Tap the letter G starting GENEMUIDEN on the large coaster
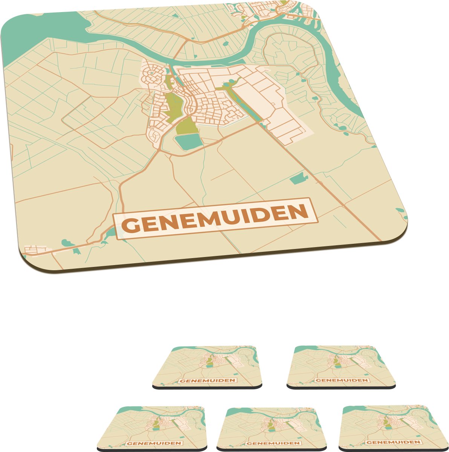click(x=129, y=226)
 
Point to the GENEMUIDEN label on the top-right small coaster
click(x=342, y=380)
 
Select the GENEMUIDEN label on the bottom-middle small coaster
click(x=275, y=443)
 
